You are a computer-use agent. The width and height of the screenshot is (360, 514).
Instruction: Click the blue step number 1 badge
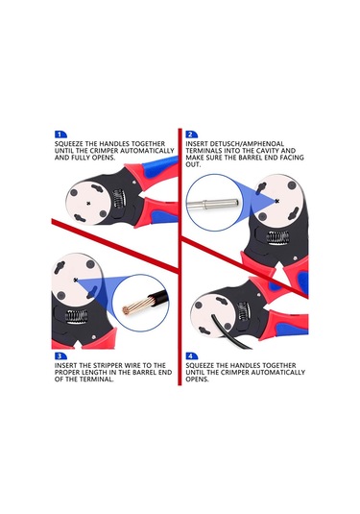point(60,135)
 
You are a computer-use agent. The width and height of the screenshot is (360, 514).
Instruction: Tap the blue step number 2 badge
point(192,135)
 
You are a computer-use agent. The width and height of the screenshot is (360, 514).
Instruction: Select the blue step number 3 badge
point(60,356)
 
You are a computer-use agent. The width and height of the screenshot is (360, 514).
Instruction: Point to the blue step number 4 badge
point(192,356)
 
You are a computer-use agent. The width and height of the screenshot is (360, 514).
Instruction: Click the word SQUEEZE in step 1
point(69,144)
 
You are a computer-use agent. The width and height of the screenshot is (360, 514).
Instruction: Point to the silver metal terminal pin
point(212,204)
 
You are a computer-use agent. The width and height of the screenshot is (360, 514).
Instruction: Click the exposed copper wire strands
point(137,304)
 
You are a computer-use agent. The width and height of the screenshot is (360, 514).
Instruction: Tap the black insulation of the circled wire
point(160,298)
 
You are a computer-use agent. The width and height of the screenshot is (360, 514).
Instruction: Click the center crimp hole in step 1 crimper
point(88,204)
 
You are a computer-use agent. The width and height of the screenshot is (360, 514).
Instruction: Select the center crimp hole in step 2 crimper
point(277,201)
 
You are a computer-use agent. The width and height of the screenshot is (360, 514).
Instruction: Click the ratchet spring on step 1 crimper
point(119,198)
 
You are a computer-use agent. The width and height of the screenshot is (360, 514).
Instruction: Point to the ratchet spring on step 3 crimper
point(77,316)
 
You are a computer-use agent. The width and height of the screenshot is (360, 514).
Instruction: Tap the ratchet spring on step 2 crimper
point(277,237)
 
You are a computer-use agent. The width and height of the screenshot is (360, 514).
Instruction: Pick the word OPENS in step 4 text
point(197,379)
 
